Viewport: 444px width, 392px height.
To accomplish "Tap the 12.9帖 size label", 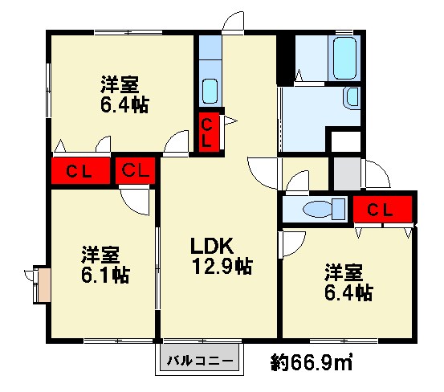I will click(x=222, y=267).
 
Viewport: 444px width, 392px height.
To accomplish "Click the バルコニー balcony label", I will click(x=201, y=361).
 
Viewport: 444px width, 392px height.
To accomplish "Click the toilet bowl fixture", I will click(x=318, y=210).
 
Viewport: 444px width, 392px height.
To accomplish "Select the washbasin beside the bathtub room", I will click(x=351, y=98).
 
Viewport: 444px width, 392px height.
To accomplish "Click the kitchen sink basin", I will click(x=209, y=88).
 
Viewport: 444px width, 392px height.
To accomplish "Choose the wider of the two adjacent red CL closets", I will click(x=78, y=171).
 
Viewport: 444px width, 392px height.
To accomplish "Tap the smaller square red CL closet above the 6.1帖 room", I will click(x=136, y=171).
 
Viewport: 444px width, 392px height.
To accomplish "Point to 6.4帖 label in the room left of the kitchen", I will click(x=123, y=104).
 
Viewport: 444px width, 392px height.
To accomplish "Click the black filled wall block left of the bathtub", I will click(x=285, y=60).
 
